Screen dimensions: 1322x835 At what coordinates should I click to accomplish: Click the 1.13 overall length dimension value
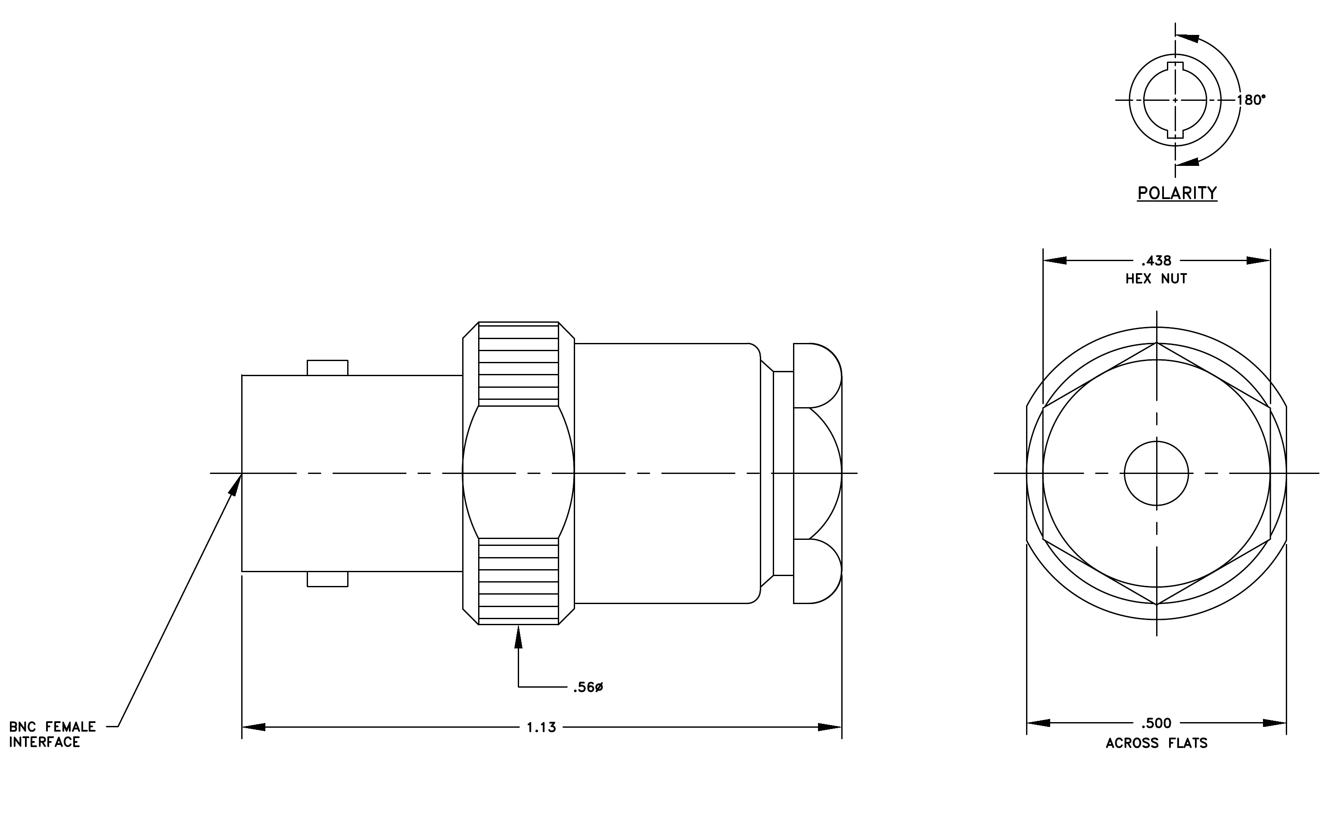click(x=541, y=727)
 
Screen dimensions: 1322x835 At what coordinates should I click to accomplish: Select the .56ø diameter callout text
click(x=588, y=687)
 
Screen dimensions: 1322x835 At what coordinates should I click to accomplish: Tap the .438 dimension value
click(x=1156, y=261)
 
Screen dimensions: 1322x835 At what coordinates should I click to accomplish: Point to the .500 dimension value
click(x=1156, y=723)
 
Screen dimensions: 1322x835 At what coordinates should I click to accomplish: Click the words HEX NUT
click(x=1156, y=279)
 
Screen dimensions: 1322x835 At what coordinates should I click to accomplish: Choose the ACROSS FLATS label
click(x=1157, y=743)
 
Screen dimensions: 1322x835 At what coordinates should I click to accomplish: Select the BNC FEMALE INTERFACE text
click(x=53, y=735)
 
